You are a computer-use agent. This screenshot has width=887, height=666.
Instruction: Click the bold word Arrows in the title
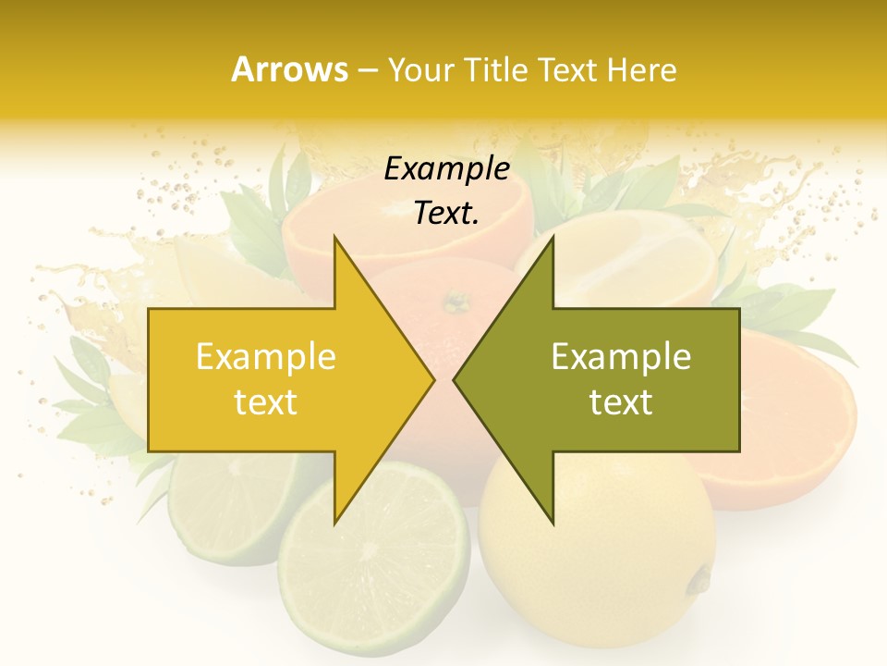(x=290, y=69)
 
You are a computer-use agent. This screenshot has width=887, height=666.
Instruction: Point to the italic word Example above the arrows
(x=447, y=169)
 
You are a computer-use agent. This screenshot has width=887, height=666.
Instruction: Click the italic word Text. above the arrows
(x=447, y=214)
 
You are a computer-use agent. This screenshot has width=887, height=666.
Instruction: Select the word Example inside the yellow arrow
(x=266, y=357)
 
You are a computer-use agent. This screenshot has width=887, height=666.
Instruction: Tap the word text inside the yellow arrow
(x=266, y=402)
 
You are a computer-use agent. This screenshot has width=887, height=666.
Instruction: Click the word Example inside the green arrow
(x=621, y=357)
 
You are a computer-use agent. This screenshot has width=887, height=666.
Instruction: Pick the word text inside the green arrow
(x=621, y=402)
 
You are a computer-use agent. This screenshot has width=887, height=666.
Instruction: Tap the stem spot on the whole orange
(x=456, y=302)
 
